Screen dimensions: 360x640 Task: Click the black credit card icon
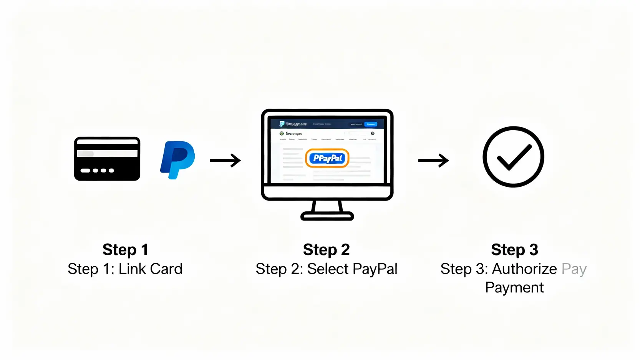click(107, 159)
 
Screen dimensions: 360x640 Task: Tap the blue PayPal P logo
click(177, 159)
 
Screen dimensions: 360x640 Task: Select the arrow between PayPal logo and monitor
click(225, 160)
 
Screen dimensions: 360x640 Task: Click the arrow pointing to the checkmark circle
click(433, 160)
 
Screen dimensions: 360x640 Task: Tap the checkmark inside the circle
click(514, 157)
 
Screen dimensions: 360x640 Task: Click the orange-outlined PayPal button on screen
click(327, 158)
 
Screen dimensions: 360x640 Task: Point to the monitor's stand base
click(327, 216)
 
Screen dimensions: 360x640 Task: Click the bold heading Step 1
click(125, 250)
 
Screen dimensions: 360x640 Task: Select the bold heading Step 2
click(326, 250)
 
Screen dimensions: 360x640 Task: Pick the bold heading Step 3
click(514, 250)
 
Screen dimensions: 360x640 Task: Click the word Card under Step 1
click(166, 269)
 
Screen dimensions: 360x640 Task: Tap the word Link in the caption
click(132, 269)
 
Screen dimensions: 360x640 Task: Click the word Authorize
click(524, 269)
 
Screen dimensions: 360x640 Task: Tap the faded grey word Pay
click(574, 269)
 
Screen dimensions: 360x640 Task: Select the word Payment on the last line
click(514, 287)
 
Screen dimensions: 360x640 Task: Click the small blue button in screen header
click(371, 124)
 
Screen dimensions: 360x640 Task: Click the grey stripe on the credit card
click(107, 153)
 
